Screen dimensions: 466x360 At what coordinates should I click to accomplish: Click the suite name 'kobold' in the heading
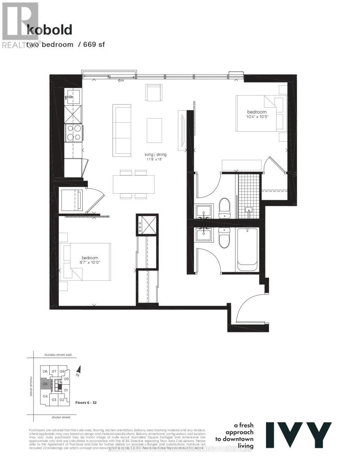coord(49,30)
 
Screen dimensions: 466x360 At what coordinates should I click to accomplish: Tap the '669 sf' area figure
coord(93,45)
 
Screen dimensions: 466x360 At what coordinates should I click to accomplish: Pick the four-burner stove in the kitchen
coord(73,132)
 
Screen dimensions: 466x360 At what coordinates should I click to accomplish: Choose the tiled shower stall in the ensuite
coord(248,196)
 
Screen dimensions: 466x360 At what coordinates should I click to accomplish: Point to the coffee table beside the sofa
coord(154,130)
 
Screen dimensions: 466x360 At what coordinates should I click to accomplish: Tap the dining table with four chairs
coord(134,184)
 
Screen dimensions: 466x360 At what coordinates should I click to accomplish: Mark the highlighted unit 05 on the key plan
coord(45,384)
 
